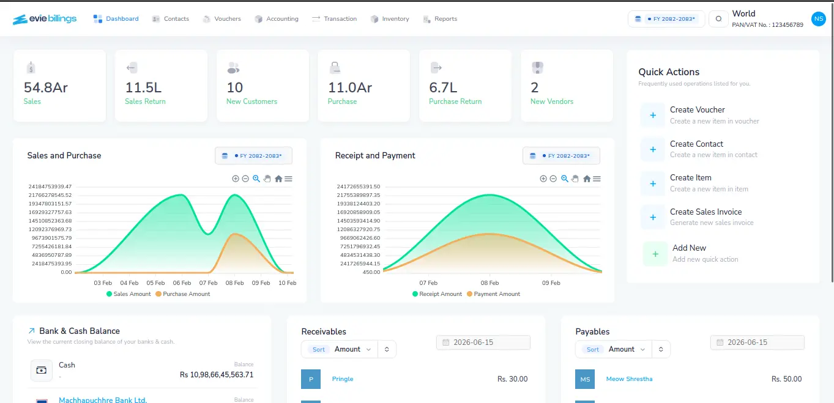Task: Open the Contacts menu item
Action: pyautogui.click(x=171, y=18)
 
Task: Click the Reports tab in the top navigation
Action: pyautogui.click(x=440, y=18)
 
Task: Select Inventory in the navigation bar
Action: pyautogui.click(x=390, y=18)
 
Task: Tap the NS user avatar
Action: pyautogui.click(x=818, y=18)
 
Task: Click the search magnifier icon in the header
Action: pyautogui.click(x=718, y=18)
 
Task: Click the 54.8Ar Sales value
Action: pyautogui.click(x=46, y=87)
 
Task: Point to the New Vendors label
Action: pyautogui.click(x=552, y=102)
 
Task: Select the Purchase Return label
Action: pyautogui.click(x=455, y=102)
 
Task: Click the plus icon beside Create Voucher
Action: pyautogui.click(x=653, y=116)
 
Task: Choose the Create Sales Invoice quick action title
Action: pyautogui.click(x=706, y=212)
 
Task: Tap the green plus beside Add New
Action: pyautogui.click(x=655, y=254)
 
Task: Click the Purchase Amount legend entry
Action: pyautogui.click(x=182, y=294)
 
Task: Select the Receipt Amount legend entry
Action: pyautogui.click(x=437, y=294)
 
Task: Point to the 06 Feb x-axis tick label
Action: pyautogui.click(x=182, y=283)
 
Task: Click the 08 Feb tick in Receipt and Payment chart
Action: pyautogui.click(x=490, y=283)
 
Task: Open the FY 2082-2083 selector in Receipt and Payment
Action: pyautogui.click(x=561, y=155)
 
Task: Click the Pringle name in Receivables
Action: pyautogui.click(x=343, y=379)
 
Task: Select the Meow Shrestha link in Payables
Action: pyautogui.click(x=629, y=379)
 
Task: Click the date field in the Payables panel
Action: pyautogui.click(x=758, y=342)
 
